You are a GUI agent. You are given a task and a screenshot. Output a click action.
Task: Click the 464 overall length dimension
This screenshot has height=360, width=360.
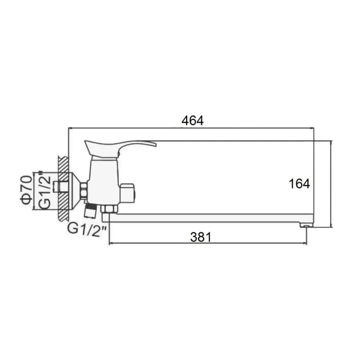coord(193,121)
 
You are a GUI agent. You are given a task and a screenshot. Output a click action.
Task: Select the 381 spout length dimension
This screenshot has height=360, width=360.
coord(200,237)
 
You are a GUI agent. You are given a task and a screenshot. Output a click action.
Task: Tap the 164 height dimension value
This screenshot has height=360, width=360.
coord(300,184)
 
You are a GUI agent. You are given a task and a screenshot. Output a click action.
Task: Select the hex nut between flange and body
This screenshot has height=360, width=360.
coord(84,189)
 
